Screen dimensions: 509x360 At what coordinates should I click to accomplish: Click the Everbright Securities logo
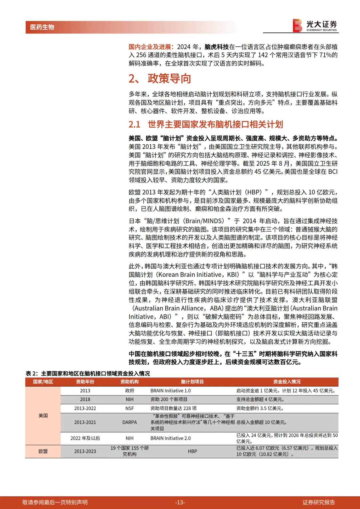(315, 25)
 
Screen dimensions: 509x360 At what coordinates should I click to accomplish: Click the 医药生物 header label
(42, 27)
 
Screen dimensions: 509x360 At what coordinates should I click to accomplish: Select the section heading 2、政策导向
(160, 79)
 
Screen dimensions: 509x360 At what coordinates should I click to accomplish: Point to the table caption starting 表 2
(88, 373)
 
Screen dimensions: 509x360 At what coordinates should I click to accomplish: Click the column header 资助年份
(85, 382)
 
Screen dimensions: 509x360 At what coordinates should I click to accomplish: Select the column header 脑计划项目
(192, 382)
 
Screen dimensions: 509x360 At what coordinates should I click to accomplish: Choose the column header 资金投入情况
(287, 382)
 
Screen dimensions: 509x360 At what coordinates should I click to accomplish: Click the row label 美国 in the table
(43, 415)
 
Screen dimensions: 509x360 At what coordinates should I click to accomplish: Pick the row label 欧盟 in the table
(43, 451)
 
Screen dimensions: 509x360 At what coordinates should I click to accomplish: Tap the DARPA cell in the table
(129, 422)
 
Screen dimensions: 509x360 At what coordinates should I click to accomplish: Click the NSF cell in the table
(129, 408)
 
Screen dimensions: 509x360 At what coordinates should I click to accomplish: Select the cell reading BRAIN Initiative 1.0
(170, 391)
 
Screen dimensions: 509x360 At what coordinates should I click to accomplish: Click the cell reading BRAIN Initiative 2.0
(170, 438)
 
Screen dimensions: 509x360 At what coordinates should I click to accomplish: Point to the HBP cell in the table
(192, 451)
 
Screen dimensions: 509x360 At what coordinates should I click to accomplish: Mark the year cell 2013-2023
(85, 451)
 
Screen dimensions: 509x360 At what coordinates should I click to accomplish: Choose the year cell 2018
(85, 399)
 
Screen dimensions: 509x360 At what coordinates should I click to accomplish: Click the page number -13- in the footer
(180, 502)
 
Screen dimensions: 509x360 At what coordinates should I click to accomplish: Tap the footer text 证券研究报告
(318, 502)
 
